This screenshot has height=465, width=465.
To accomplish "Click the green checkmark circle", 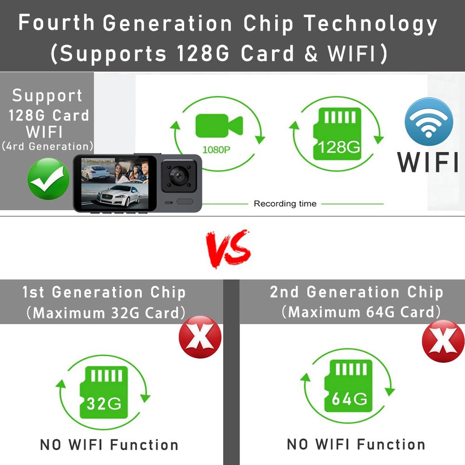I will click(x=48, y=179).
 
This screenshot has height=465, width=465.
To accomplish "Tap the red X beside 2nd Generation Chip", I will click(x=443, y=341).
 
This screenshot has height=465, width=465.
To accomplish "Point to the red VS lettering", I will click(x=228, y=250).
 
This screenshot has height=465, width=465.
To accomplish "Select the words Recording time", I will click(x=285, y=204).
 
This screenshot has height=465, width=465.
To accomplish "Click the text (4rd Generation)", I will click(x=47, y=146).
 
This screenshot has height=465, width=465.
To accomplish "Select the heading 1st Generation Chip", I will click(x=104, y=292).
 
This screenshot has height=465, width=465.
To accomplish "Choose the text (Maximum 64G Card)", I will click(x=361, y=312).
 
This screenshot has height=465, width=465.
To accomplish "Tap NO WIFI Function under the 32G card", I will click(x=109, y=445).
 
